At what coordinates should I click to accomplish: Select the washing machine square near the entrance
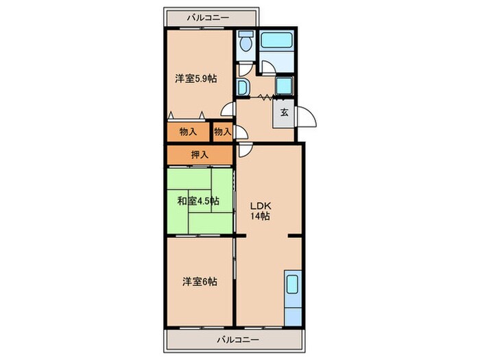click(283, 86)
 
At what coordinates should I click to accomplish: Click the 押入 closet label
click(199, 155)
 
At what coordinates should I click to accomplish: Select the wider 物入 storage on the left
click(188, 132)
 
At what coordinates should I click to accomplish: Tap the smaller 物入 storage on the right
click(222, 132)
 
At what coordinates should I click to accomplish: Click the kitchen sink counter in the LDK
click(291, 298)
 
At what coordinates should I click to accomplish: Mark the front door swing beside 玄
click(307, 118)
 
